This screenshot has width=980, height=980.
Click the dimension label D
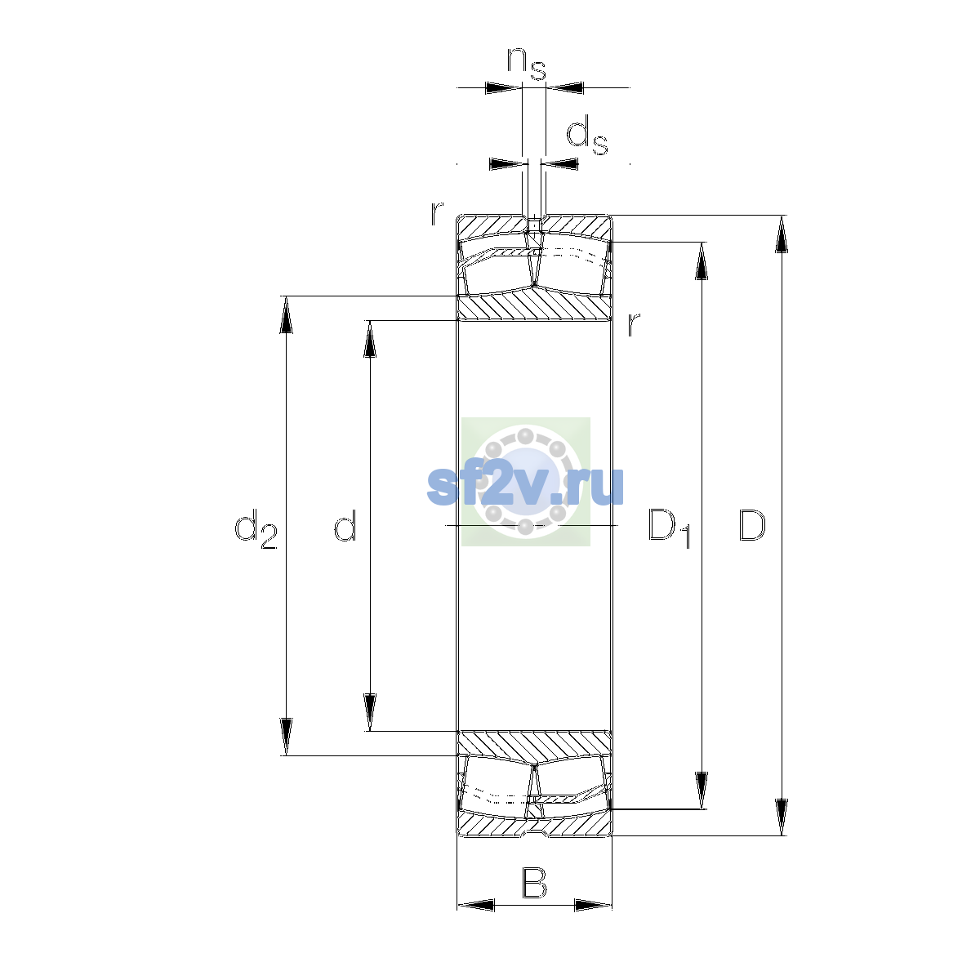751,525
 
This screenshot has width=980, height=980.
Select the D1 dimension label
670,528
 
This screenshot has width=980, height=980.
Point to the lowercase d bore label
345,524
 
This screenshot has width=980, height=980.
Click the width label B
534,883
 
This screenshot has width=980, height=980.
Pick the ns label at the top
527,64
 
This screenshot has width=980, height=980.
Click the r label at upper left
437,213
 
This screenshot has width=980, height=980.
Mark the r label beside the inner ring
633,324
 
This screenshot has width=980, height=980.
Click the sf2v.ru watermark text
525,486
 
